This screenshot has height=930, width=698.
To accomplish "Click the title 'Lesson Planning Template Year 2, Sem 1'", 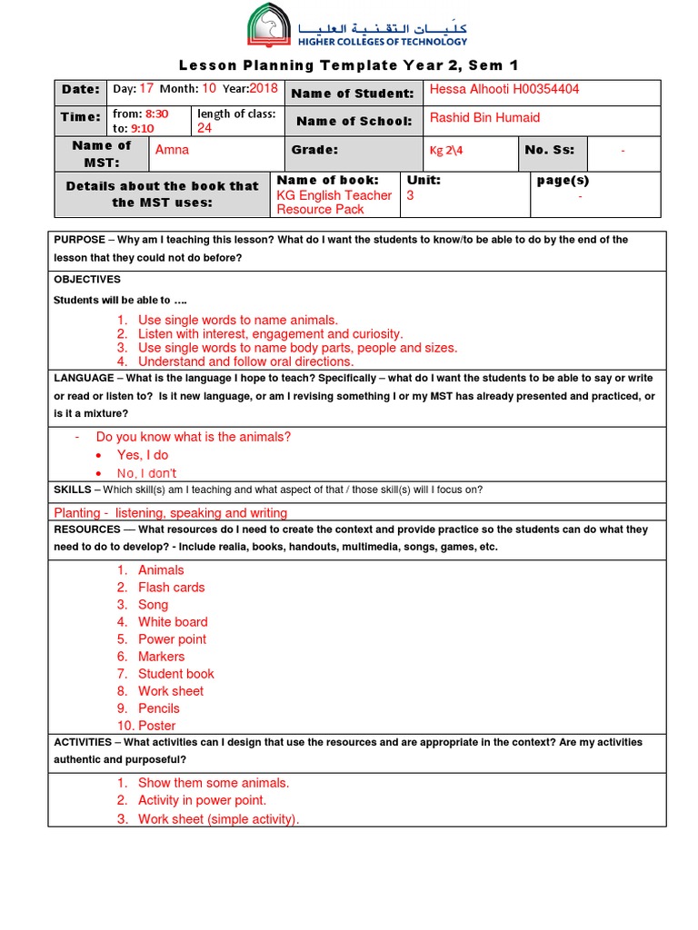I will (348, 64).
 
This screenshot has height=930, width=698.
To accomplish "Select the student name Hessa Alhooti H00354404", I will (504, 89).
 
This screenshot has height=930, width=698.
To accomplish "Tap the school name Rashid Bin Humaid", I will (484, 118).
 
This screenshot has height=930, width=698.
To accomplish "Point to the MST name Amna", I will (173, 150).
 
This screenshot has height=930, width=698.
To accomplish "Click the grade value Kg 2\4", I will (446, 151).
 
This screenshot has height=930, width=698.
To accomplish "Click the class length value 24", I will (204, 128).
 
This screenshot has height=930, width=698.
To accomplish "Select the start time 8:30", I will (158, 114).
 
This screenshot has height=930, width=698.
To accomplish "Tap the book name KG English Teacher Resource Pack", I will (334, 202).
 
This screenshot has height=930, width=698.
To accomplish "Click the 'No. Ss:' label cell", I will (551, 151).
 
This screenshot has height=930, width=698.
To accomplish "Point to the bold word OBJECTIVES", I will (87, 280).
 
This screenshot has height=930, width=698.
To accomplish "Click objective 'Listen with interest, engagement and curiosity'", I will (270, 333).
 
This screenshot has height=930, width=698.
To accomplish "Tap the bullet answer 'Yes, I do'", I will (142, 455).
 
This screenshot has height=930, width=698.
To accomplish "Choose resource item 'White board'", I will (173, 622).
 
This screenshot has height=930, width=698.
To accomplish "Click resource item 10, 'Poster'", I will (156, 726).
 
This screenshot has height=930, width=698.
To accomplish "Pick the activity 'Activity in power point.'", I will (202, 800).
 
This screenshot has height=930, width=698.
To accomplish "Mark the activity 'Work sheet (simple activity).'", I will (218, 819).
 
